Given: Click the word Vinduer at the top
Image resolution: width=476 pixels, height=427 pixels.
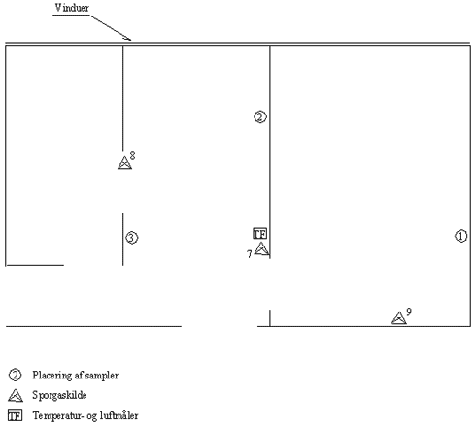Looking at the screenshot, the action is tap(72, 8).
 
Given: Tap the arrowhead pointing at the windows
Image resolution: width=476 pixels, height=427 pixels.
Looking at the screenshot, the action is tap(129, 39).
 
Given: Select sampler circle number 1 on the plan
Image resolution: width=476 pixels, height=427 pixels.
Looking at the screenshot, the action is tap(461, 236).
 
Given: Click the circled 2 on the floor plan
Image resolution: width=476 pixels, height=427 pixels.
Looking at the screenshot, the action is tap(260, 116).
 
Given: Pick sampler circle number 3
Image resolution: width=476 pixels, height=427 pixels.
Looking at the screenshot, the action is tap(131, 238).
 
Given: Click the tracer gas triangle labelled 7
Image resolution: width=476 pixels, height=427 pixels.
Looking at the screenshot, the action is tap(261, 248).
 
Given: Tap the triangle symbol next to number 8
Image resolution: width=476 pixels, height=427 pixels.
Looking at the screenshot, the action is tap(124, 163).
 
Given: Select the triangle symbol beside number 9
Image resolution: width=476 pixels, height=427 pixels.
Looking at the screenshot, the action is tap(399, 318).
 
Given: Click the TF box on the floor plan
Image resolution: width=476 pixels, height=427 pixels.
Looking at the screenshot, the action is tap(260, 234).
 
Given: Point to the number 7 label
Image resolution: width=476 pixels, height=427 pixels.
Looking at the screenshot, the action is tap(249, 254).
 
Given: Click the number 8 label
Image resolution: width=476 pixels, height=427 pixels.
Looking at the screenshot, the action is tap(132, 156).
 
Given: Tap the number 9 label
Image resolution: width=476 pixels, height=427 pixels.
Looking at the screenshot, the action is tap(409, 312).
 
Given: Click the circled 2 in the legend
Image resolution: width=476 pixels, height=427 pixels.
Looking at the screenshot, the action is tap(15, 375).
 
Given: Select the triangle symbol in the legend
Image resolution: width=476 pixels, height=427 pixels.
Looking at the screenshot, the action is tap(16, 395).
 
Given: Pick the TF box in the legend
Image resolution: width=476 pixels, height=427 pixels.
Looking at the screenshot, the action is tap(15, 415).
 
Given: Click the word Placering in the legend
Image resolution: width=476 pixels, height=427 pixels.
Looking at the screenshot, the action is tap(52, 376).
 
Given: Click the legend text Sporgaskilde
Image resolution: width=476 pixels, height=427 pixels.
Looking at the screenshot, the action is tap(59, 395).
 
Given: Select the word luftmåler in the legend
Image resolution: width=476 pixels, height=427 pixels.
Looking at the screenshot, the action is tap(119, 415).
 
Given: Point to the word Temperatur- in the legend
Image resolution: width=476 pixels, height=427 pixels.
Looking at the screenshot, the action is tap(59, 415).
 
